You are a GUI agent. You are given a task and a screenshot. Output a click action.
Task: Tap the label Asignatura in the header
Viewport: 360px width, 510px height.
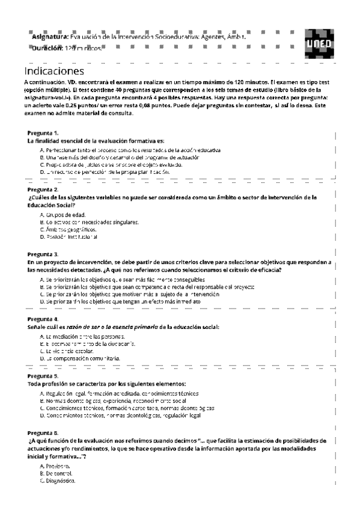(x=50, y=37)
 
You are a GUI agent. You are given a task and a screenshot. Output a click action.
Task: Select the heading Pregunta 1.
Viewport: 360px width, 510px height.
(x=43, y=132)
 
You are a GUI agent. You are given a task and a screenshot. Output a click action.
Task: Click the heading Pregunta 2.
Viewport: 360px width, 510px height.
(x=43, y=189)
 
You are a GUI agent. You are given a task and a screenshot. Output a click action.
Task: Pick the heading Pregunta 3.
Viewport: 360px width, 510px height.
(x=43, y=254)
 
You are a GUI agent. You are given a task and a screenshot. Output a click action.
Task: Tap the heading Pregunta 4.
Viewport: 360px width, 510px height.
(x=43, y=319)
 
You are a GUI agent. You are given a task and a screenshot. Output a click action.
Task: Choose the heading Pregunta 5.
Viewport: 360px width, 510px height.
(x=43, y=376)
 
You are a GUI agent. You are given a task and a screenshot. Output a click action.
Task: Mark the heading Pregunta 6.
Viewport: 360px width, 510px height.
(x=43, y=433)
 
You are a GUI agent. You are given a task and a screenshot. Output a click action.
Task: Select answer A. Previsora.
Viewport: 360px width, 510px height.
(x=54, y=467)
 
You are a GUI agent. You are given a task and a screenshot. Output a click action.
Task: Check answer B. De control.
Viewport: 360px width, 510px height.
(x=55, y=474)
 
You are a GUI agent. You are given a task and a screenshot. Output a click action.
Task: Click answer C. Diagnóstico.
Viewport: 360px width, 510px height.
(x=57, y=481)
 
